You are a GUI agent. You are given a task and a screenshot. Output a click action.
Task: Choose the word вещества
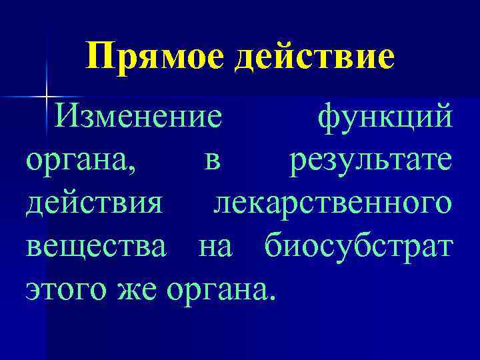coord(97,247)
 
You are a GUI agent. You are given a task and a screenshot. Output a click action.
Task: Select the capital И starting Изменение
coord(68,119)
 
